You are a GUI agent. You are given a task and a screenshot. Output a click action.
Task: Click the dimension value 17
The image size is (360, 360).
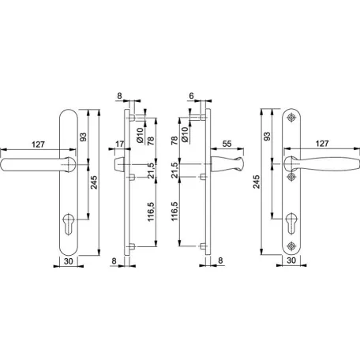click(119, 144)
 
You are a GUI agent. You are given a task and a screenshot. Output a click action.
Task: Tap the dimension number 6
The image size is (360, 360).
click(191, 96)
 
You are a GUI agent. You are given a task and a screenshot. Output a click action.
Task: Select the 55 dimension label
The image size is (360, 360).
click(227, 144)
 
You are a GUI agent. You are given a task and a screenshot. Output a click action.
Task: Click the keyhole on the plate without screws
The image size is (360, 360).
click(69, 223)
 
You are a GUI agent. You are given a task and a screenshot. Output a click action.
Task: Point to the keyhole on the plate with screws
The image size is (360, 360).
click(291, 223)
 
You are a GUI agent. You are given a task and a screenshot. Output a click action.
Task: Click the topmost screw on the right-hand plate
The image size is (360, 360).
click(291, 118)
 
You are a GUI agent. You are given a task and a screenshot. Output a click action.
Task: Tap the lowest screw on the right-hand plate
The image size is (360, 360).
click(291, 246)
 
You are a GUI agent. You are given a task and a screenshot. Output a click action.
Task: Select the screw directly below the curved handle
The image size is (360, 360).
click(291, 177)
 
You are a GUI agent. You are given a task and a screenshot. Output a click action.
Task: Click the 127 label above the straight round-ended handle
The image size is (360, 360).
click(39, 144)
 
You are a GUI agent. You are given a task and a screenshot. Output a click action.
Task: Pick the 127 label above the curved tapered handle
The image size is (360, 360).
click(322, 144)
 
